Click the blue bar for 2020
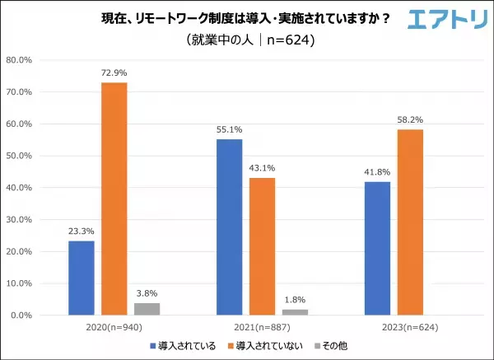point(81,278)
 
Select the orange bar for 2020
point(114,199)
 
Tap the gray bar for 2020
point(147,309)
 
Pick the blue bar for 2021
point(229,227)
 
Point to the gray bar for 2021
point(295,312)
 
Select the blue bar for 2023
point(377,248)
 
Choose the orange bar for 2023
point(410,222)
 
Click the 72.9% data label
point(114,73)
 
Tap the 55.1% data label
point(229,130)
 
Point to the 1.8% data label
point(295,301)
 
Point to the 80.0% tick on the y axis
point(19,60)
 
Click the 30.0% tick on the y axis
point(19,219)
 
